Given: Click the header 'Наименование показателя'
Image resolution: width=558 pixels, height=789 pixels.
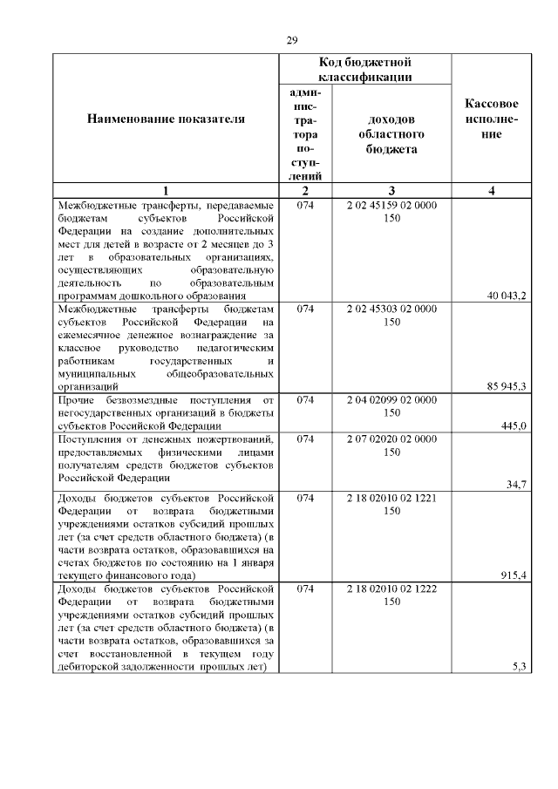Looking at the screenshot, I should tap(166, 119).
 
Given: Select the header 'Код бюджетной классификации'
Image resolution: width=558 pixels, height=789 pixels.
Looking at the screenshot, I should tap(364, 70).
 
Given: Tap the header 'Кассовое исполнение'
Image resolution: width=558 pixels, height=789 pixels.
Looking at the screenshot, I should tap(493, 119).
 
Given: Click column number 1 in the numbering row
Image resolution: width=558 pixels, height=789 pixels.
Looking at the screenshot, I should tap(166, 192).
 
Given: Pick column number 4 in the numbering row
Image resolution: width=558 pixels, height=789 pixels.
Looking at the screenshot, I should tap(493, 192).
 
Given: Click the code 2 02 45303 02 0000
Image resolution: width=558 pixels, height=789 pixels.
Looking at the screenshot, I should tap(391, 309).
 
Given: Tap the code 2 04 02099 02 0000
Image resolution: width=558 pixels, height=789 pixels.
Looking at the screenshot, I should tap(391, 399).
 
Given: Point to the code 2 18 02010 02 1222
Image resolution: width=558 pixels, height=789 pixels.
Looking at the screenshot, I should tap(391, 588).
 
